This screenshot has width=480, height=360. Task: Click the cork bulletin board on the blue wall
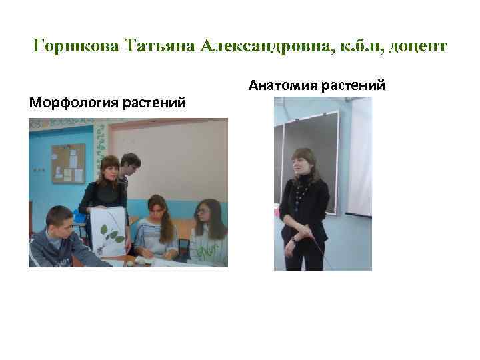coord(68,163)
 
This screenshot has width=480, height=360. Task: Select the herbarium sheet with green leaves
coord(108,231)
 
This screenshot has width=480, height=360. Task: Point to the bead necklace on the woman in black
coord(304,190)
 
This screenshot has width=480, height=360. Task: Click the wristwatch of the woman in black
coord(294,238)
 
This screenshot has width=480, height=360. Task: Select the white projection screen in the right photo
coord(361,160)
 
